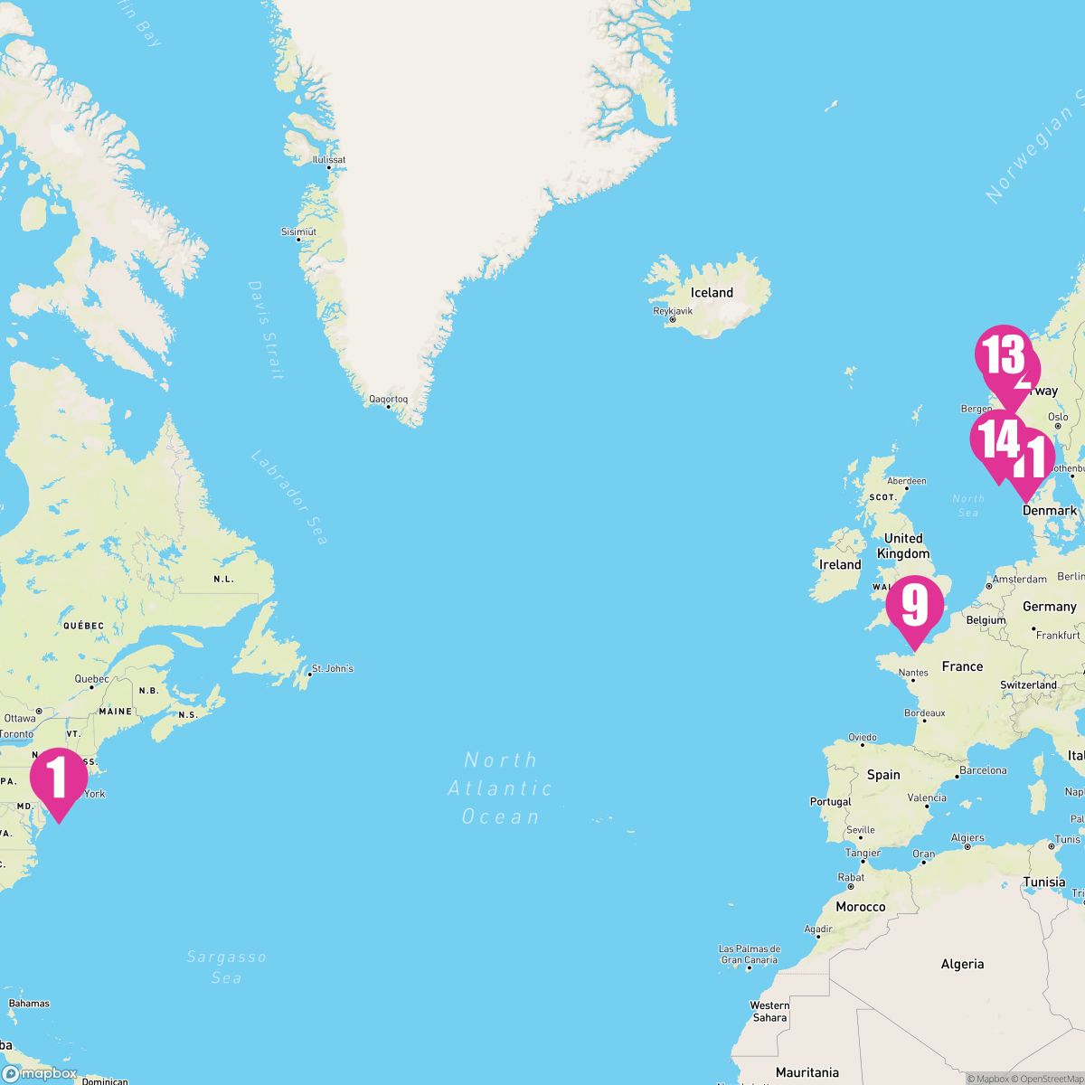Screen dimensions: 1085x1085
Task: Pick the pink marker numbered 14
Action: pyautogui.click(x=995, y=441)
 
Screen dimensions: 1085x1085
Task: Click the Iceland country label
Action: pyautogui.click(x=712, y=293)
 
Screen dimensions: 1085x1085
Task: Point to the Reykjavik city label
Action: pyautogui.click(x=673, y=311)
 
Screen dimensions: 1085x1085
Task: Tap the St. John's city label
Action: pyautogui.click(x=332, y=669)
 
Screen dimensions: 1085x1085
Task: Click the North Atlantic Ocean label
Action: pyautogui.click(x=500, y=788)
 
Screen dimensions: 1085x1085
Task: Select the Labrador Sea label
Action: pyautogui.click(x=289, y=497)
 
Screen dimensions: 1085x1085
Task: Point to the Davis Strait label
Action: pyautogui.click(x=266, y=330)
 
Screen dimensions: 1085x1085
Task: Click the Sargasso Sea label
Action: pyautogui.click(x=226, y=967)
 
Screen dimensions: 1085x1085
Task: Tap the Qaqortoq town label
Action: pyautogui.click(x=388, y=399)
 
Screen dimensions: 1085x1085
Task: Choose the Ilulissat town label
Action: pyautogui.click(x=328, y=160)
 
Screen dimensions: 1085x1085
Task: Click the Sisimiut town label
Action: pyautogui.click(x=298, y=232)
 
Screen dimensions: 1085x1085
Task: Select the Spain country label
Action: pyautogui.click(x=883, y=775)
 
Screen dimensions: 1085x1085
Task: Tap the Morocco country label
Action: pyautogui.click(x=860, y=907)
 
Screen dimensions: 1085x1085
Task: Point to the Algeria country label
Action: pyautogui.click(x=962, y=964)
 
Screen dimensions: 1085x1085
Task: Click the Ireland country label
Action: pyautogui.click(x=840, y=565)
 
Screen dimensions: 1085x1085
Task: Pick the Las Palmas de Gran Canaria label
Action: pyautogui.click(x=749, y=955)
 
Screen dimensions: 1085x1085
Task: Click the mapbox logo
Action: pyautogui.click(x=41, y=1073)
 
